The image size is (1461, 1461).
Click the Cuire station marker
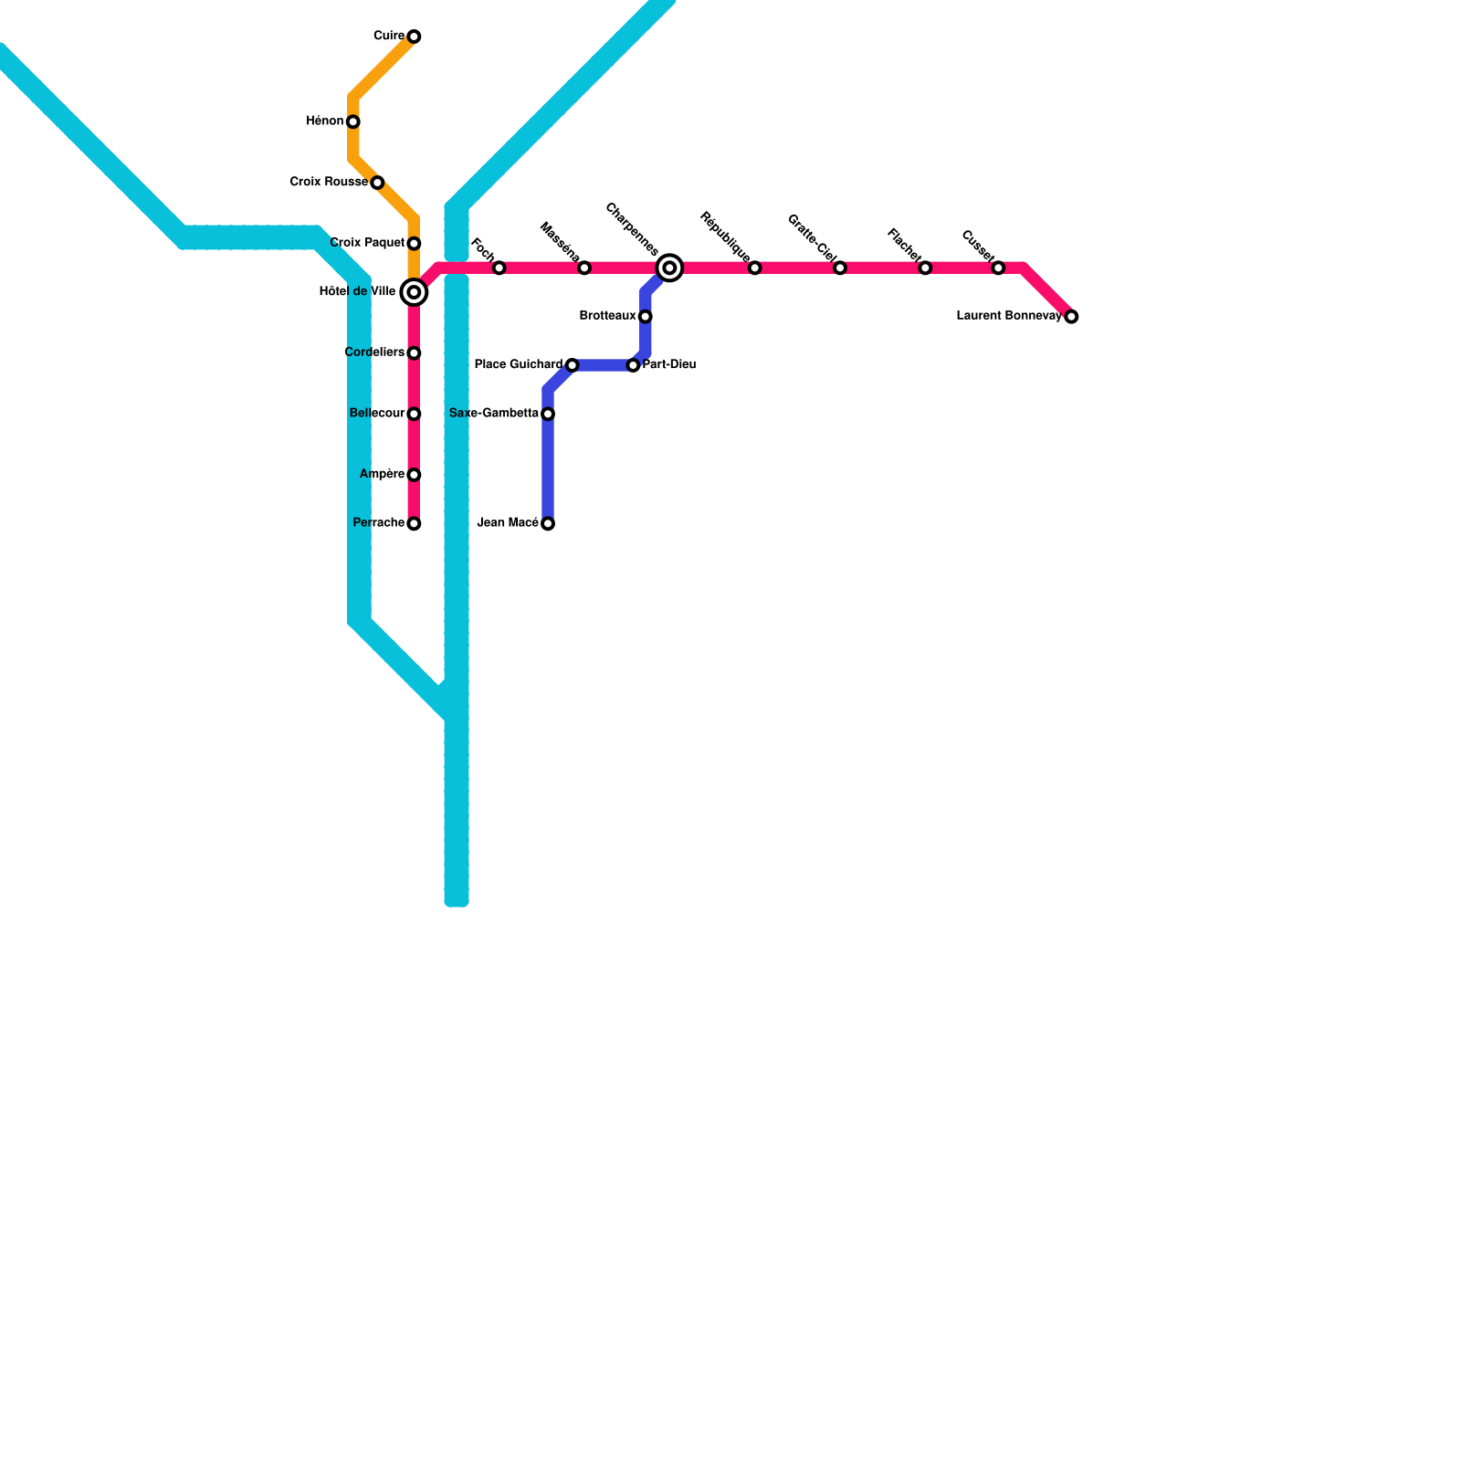coord(414,37)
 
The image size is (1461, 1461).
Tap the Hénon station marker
coord(353,121)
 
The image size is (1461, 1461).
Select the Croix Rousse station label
coord(329,183)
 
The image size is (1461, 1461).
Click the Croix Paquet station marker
coord(414,244)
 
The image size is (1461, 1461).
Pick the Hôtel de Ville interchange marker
coord(414,292)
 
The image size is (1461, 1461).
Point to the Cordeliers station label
coord(374,352)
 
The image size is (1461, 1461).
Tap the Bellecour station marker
coord(414,414)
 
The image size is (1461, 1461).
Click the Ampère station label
coord(382,474)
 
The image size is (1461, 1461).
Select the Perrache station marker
coord(414,523)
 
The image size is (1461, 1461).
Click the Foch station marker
coord(499,268)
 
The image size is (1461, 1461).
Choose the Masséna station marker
coord(584,268)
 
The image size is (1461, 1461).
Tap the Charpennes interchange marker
coord(669,268)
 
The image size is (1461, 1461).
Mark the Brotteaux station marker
coord(645,316)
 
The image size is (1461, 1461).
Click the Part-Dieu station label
coord(669,365)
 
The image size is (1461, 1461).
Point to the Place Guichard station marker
coord(572,365)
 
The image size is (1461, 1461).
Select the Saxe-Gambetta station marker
coord(548,414)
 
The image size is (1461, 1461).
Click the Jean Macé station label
coord(508,523)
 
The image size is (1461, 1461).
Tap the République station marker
coord(754,268)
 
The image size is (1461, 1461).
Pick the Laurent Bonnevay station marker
coord(1071,316)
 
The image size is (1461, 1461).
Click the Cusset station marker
coord(998,268)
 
